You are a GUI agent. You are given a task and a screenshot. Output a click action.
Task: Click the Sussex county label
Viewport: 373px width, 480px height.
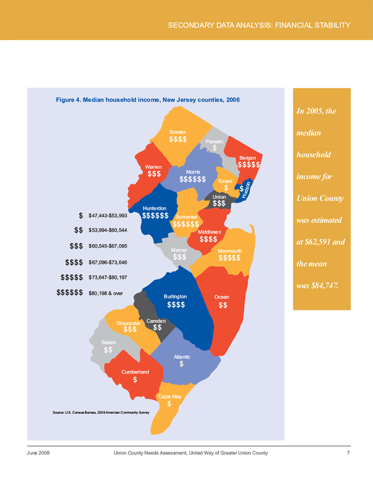177,132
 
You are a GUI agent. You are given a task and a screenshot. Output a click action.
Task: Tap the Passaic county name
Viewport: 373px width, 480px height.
214,141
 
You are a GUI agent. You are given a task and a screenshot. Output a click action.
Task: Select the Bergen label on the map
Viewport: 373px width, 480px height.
247,158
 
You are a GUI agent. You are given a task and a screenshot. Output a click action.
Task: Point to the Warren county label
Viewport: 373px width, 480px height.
154,167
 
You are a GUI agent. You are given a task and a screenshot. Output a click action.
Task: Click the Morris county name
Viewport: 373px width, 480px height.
192,172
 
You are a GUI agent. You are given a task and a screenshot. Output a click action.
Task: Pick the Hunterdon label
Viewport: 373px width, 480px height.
155,209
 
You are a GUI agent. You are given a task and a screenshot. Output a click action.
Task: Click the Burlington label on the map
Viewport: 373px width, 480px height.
175,297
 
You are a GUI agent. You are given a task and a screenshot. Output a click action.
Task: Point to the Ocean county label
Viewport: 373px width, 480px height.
222,297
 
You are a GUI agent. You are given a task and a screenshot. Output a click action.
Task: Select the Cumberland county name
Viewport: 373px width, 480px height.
135,371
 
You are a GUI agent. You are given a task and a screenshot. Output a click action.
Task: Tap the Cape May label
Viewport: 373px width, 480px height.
169,396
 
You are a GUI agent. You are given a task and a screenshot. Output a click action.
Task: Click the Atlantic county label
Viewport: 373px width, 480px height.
182,357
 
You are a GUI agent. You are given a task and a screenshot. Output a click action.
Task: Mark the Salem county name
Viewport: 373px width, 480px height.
108,342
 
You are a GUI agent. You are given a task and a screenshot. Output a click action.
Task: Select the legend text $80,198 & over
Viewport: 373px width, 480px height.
105,294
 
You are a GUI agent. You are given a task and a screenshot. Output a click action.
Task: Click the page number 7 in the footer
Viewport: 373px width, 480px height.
348,453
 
